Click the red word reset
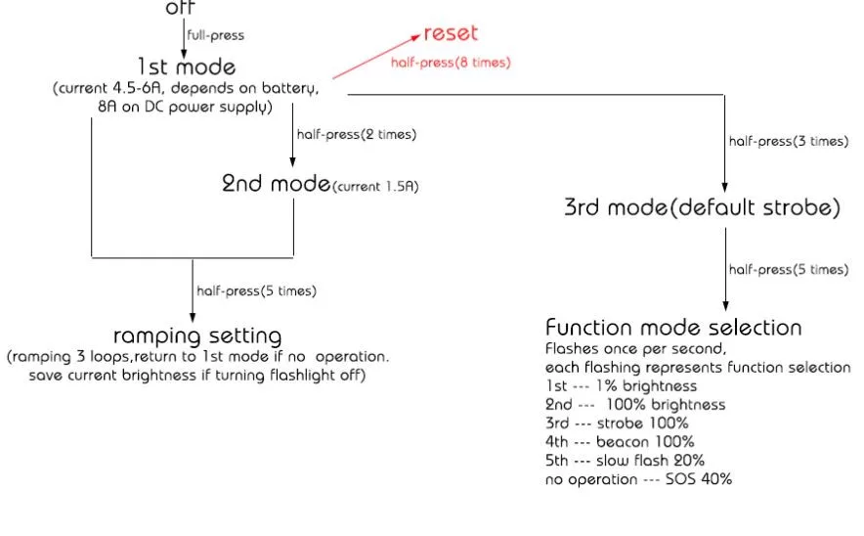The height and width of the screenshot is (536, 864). [x=451, y=33]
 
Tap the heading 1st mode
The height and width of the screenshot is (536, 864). [x=186, y=67]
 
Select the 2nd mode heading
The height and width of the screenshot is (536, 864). [x=276, y=182]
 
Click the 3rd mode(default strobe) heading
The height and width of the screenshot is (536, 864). [x=701, y=207]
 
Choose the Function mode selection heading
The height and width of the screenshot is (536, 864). [x=673, y=327]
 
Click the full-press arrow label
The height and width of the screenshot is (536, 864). [x=216, y=35]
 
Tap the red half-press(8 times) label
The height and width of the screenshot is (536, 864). [x=451, y=62]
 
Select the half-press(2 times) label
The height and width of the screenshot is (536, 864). [x=356, y=135]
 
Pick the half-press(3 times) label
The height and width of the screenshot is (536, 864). [x=788, y=141]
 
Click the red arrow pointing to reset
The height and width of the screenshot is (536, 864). [x=376, y=56]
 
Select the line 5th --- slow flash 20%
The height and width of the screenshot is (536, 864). [x=625, y=460]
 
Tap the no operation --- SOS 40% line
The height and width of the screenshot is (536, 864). [x=638, y=478]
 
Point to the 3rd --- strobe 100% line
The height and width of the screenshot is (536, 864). [x=617, y=423]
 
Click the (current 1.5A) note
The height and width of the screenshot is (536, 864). [x=375, y=186]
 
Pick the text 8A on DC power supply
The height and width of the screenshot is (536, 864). [x=178, y=107]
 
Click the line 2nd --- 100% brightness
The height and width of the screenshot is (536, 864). [x=635, y=404]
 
